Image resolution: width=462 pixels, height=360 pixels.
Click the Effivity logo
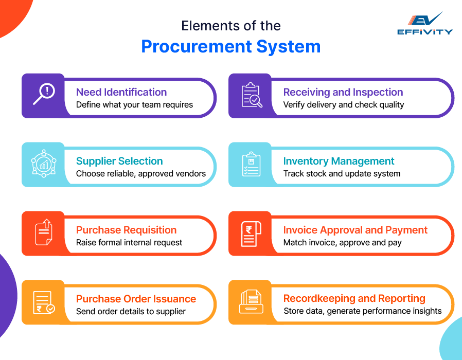[424, 24]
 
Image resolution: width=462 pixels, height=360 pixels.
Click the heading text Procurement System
[230, 46]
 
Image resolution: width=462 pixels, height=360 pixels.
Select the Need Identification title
[121, 92]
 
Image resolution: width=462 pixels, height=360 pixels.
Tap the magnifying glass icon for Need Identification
[44, 95]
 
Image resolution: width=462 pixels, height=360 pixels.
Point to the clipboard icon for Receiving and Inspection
[251, 95]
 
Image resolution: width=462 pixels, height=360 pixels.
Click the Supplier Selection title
[119, 161]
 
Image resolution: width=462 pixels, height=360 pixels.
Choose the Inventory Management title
[339, 161]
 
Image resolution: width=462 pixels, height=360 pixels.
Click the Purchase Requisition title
[126, 230]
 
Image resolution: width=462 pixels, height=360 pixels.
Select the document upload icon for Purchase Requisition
[43, 233]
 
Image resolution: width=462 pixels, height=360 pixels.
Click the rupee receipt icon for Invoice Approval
[251, 233]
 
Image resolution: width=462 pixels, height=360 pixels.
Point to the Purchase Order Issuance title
[136, 299]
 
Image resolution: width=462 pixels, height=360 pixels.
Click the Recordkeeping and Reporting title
[354, 298]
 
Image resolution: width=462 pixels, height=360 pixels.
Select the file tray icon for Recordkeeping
[251, 302]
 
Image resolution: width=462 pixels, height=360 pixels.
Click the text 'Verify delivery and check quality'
[344, 105]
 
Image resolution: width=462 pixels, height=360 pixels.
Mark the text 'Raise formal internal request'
[129, 242]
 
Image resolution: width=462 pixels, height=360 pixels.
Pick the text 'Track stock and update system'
[342, 173]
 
